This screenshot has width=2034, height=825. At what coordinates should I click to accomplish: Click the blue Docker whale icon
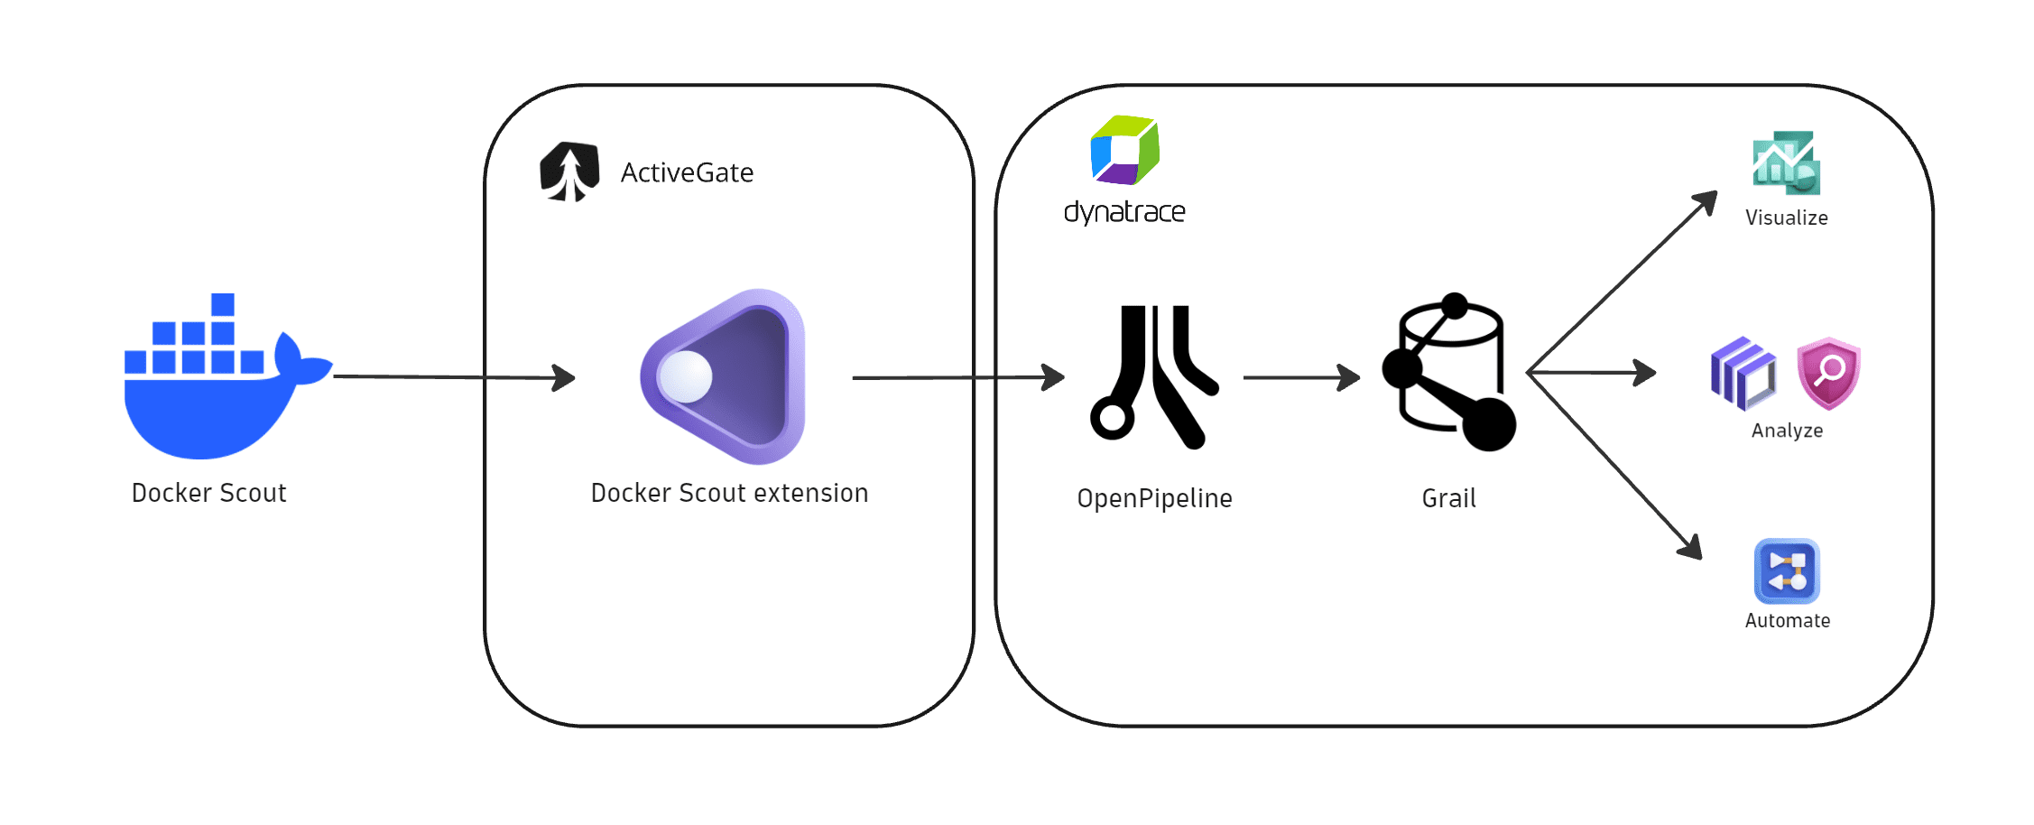click(217, 388)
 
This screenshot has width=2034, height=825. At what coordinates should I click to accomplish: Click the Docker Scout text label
click(208, 493)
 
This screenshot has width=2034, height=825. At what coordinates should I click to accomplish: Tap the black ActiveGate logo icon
click(569, 171)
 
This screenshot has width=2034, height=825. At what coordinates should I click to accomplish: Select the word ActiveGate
click(687, 172)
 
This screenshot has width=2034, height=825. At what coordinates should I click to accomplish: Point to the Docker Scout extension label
click(729, 493)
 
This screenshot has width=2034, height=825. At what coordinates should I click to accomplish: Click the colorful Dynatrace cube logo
click(1124, 150)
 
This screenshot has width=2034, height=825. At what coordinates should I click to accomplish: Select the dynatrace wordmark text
click(1124, 212)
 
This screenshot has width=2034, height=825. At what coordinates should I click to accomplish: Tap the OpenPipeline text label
click(1154, 498)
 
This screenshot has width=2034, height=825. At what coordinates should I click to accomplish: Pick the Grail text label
click(1448, 498)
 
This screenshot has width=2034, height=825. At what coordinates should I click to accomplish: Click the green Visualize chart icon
click(1786, 163)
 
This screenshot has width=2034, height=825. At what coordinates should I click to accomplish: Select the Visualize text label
click(1786, 218)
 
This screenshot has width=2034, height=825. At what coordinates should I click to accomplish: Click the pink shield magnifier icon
click(1828, 372)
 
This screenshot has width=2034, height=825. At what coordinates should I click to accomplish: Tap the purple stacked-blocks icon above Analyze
click(1743, 373)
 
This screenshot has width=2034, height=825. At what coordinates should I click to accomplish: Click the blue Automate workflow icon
click(1787, 571)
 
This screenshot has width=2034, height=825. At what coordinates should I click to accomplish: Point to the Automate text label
click(1787, 621)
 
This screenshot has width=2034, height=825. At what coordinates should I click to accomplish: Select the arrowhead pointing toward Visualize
click(1706, 202)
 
